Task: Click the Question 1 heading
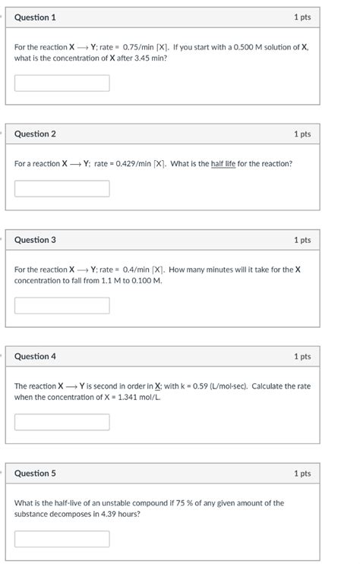[35, 17]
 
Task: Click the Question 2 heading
[35, 134]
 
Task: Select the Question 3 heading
[35, 240]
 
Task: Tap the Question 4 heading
[35, 357]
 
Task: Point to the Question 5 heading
[35, 474]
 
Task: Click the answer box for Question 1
[62, 83]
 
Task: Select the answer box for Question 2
[62, 188]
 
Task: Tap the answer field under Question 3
[62, 305]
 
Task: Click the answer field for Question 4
[62, 422]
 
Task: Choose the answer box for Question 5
[62, 539]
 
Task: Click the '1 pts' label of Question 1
[302, 17]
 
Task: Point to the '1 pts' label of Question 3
[302, 240]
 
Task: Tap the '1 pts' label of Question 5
[302, 474]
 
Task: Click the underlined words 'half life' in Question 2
[223, 164]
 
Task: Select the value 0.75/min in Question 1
[137, 47]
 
